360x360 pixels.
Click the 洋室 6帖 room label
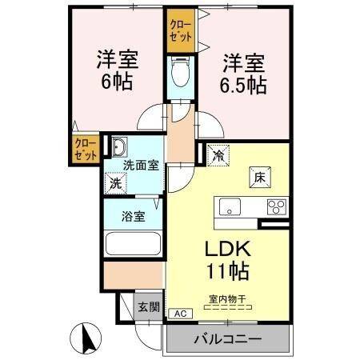pyautogui.click(x=114, y=70)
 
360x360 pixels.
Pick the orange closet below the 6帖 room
pyautogui.click(x=84, y=149)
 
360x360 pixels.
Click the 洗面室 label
pyautogui.click(x=141, y=166)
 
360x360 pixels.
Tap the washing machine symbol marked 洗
pyautogui.click(x=117, y=182)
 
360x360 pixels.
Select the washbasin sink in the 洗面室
pyautogui.click(x=120, y=148)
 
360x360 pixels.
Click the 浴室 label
pyautogui.click(x=133, y=216)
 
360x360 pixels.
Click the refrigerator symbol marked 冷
pyautogui.click(x=218, y=156)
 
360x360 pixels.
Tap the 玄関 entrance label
pyautogui.click(x=148, y=306)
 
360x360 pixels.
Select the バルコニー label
pyautogui.click(x=227, y=339)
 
